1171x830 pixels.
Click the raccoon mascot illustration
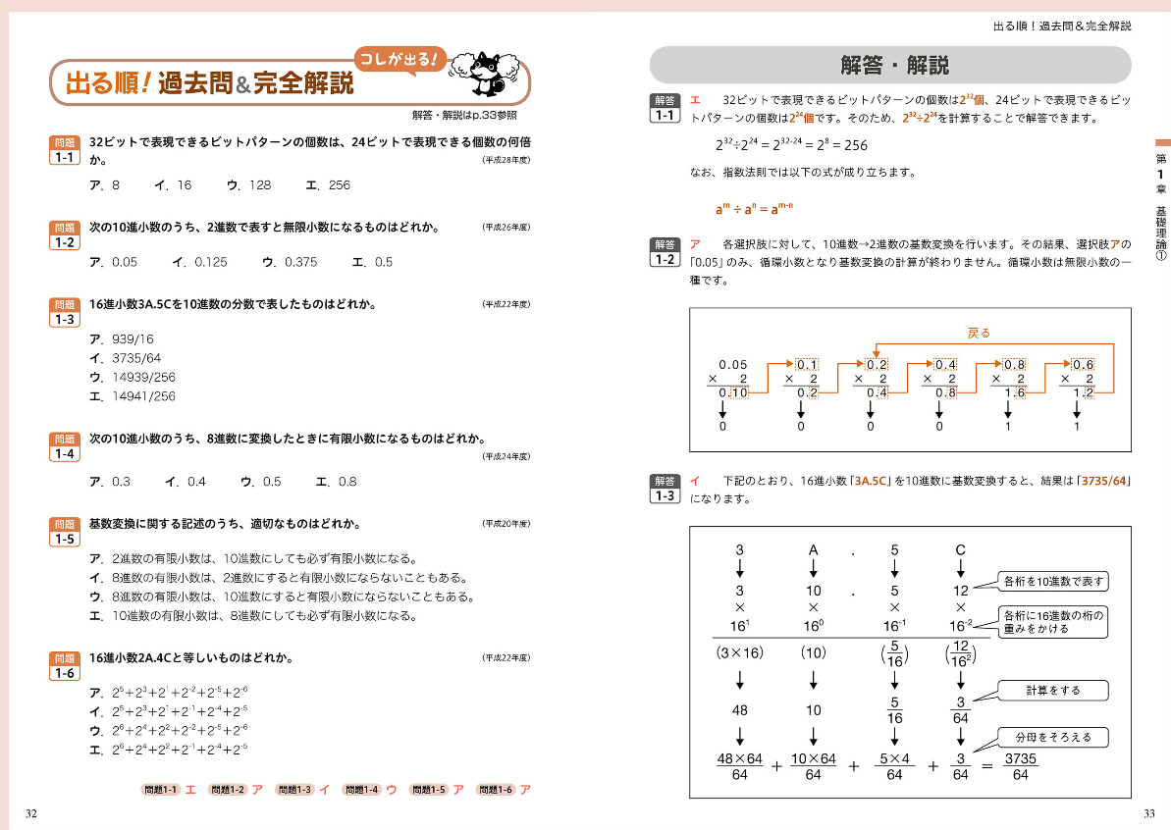(484, 73)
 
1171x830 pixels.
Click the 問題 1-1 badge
(65, 150)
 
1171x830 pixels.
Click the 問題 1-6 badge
(65, 666)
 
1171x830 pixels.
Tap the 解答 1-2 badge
(665, 252)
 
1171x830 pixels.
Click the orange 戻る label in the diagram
(979, 334)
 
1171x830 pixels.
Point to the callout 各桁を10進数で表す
(1053, 582)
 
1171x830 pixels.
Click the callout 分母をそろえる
(1053, 737)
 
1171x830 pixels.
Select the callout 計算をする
(1053, 690)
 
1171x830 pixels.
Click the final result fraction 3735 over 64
(1020, 767)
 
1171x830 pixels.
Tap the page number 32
(31, 813)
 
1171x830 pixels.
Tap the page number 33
(1149, 813)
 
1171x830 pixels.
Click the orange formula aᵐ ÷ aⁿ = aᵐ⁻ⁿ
(754, 208)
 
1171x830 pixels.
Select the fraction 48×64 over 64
(740, 767)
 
